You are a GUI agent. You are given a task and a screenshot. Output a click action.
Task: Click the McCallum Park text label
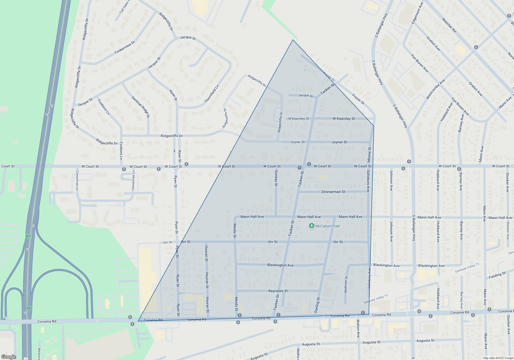tap(328, 226)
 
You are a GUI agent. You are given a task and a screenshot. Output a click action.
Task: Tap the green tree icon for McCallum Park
tap(311, 226)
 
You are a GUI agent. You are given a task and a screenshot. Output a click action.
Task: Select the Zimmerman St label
tap(333, 192)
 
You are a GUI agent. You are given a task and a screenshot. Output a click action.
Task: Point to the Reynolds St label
tap(278, 291)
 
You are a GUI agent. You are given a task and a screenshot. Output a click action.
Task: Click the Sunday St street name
tap(276, 178)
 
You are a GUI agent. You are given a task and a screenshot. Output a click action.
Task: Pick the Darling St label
tap(317, 305)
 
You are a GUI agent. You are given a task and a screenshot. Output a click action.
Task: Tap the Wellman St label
tap(346, 284)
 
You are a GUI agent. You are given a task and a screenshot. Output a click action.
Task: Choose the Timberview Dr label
tap(124, 48)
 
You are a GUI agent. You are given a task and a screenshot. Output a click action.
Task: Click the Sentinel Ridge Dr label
tap(140, 107)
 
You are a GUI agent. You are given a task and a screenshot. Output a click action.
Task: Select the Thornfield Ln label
tap(212, 94)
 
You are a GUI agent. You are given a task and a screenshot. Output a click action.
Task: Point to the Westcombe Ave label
tap(435, 89)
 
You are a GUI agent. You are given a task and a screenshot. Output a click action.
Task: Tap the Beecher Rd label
tap(449, 25)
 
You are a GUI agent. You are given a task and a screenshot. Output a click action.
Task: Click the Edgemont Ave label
tap(417, 13)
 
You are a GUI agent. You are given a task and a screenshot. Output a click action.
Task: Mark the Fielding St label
tap(497, 275)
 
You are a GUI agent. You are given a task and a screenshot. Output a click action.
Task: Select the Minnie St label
tap(369, 155)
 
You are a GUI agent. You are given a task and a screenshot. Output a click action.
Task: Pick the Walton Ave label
tap(358, 328)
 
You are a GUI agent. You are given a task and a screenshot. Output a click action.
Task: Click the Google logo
tap(9, 357)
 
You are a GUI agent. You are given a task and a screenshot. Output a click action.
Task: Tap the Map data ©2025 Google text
tap(498, 358)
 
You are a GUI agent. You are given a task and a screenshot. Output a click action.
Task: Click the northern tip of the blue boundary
tap(293, 40)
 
